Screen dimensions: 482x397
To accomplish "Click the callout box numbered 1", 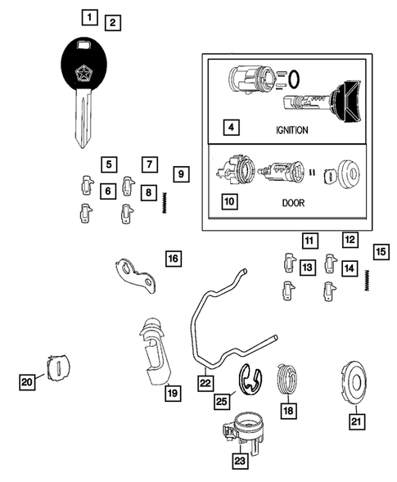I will click(x=89, y=16).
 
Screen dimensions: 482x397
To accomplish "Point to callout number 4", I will click(x=232, y=128).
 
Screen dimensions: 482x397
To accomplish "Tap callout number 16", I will click(x=173, y=259).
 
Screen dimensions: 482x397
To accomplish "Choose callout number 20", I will click(x=27, y=381).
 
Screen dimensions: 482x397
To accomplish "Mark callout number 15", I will click(x=380, y=251).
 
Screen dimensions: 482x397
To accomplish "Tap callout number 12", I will click(x=350, y=240).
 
